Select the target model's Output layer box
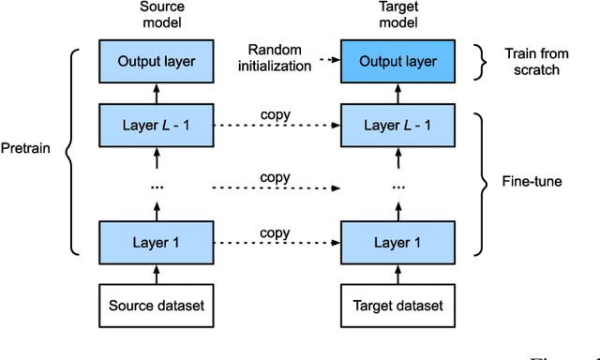coord(391,61)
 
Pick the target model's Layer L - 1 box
coord(391,126)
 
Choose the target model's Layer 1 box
coord(391,243)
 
